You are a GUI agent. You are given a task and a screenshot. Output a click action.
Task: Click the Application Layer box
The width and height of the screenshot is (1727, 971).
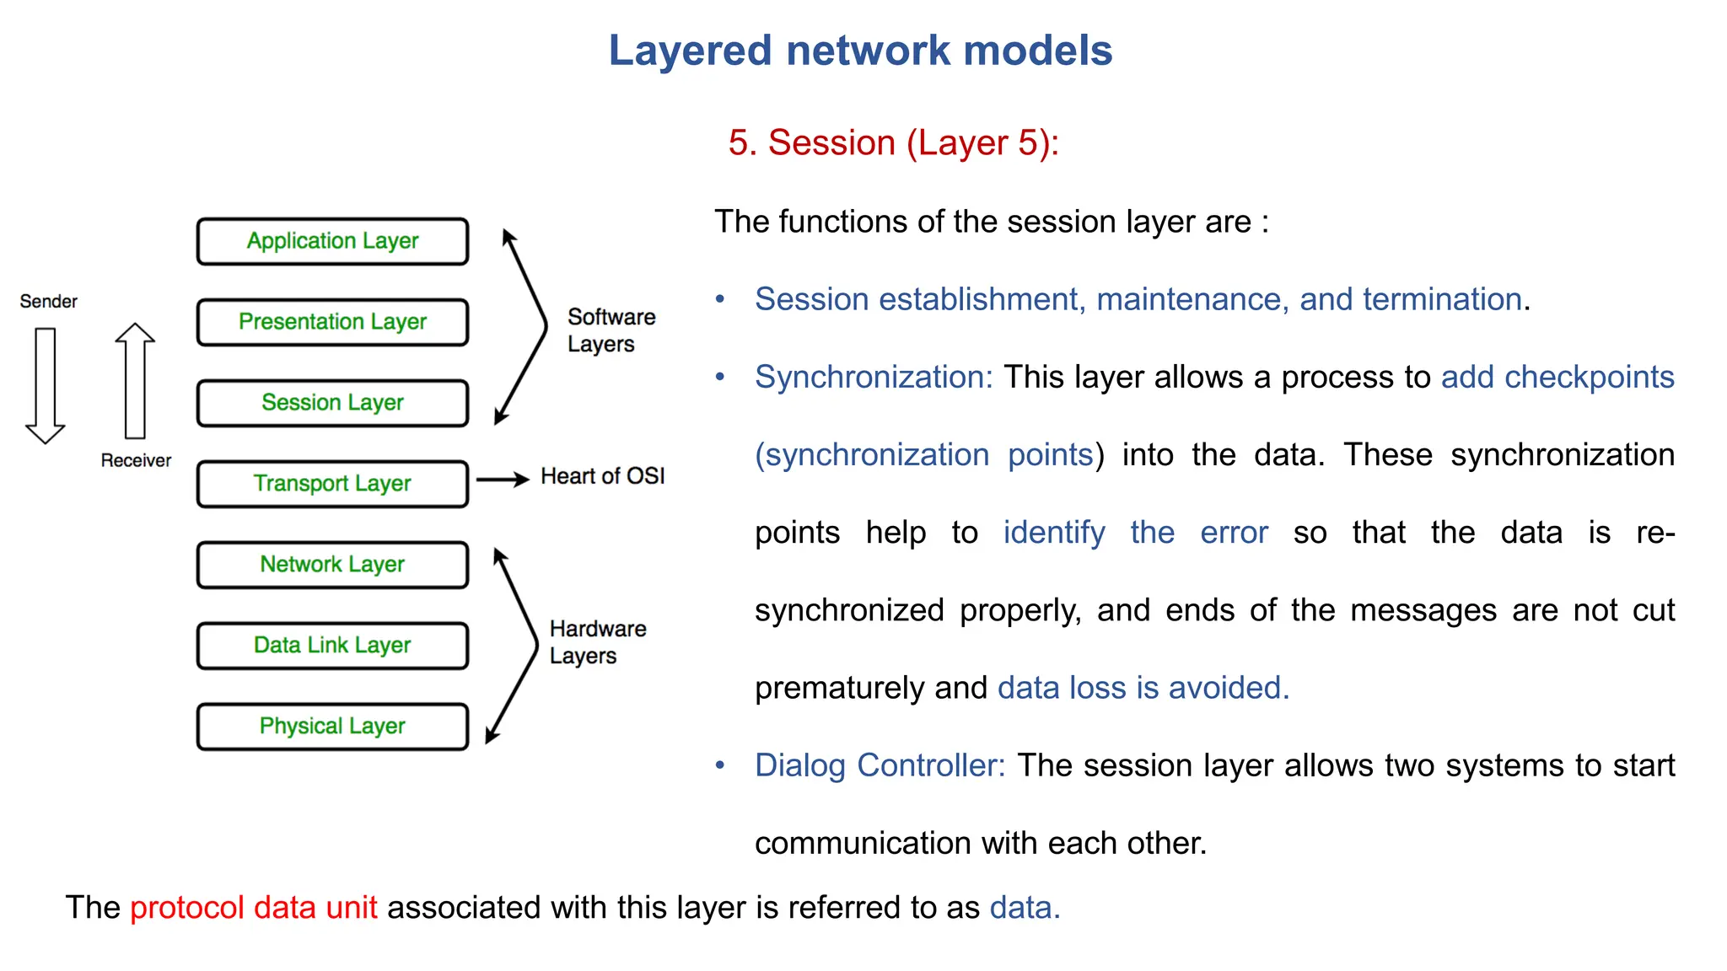click(332, 241)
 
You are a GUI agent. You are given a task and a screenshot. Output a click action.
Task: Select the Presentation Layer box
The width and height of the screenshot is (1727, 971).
click(332, 322)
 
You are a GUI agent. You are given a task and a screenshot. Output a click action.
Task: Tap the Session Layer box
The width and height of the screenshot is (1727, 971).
click(332, 403)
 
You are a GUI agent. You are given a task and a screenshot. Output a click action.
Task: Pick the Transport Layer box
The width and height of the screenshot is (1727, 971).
click(332, 484)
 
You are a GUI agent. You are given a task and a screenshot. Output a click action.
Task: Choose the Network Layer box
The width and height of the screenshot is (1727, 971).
click(332, 565)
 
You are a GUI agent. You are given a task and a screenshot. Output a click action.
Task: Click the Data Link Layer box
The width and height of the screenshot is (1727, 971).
click(332, 646)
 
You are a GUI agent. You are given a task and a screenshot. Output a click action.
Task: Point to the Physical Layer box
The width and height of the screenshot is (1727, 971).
click(332, 727)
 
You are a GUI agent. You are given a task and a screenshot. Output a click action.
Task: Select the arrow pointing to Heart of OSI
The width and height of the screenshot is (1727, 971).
click(503, 480)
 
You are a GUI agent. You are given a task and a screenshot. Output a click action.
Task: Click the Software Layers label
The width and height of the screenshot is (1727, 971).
click(611, 330)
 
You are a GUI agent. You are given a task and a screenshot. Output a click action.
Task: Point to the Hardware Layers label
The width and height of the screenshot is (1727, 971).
click(597, 642)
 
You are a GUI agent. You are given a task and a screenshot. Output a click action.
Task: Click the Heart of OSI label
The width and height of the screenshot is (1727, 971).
click(602, 476)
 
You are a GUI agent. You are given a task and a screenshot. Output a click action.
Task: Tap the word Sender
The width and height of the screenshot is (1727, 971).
click(48, 302)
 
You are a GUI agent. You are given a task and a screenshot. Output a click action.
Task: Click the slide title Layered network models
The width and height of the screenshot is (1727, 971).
click(860, 51)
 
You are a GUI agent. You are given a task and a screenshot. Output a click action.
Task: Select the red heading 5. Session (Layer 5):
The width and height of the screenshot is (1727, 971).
click(893, 142)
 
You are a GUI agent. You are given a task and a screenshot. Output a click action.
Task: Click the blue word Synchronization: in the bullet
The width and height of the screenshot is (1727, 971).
click(874, 377)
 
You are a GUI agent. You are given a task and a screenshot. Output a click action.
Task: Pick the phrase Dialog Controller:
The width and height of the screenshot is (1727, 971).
click(880, 765)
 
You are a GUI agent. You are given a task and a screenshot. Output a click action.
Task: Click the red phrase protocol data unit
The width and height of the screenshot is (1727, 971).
click(253, 908)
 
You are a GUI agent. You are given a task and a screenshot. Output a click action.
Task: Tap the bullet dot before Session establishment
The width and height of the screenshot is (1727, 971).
click(720, 299)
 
